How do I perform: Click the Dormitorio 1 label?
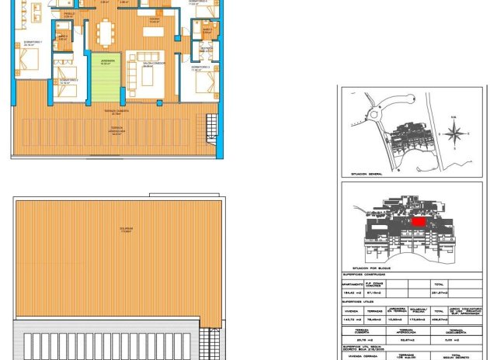[32, 43]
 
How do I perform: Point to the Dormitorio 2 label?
[68, 80]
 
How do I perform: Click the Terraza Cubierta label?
[117, 111]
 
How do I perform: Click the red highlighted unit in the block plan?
[419, 221]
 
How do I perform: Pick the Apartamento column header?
[355, 285]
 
